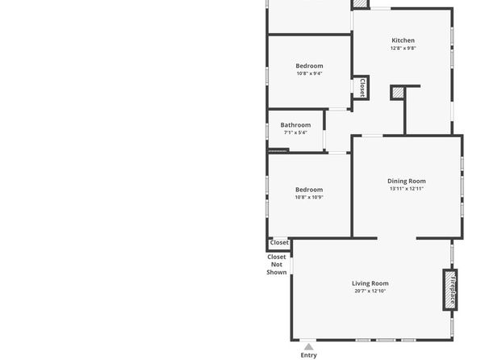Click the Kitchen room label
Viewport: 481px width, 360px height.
click(403, 40)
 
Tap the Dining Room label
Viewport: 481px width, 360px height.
click(407, 181)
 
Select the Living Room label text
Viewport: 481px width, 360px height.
click(370, 283)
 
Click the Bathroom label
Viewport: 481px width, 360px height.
click(295, 125)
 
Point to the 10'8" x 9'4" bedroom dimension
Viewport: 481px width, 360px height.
click(309, 73)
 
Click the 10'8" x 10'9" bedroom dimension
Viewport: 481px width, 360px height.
click(309, 197)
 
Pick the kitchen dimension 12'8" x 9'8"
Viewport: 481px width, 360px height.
click(403, 48)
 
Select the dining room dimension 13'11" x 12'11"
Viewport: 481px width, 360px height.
click(407, 189)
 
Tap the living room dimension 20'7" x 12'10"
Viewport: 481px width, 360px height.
click(370, 291)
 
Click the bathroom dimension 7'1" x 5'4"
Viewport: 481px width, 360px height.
click(295, 132)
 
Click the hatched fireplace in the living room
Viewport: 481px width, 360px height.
click(450, 290)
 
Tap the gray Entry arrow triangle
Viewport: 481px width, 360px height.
click(308, 347)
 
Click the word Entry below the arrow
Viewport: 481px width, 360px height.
click(308, 355)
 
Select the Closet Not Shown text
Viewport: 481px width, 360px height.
click(277, 265)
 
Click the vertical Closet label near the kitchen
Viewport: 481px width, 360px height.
click(362, 87)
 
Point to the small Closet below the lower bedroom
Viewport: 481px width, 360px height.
click(279, 242)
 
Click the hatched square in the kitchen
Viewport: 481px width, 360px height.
click(398, 93)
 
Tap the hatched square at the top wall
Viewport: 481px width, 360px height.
click(360, 3)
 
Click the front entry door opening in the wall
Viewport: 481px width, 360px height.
click(307, 340)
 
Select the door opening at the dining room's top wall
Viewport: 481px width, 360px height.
click(372, 136)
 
